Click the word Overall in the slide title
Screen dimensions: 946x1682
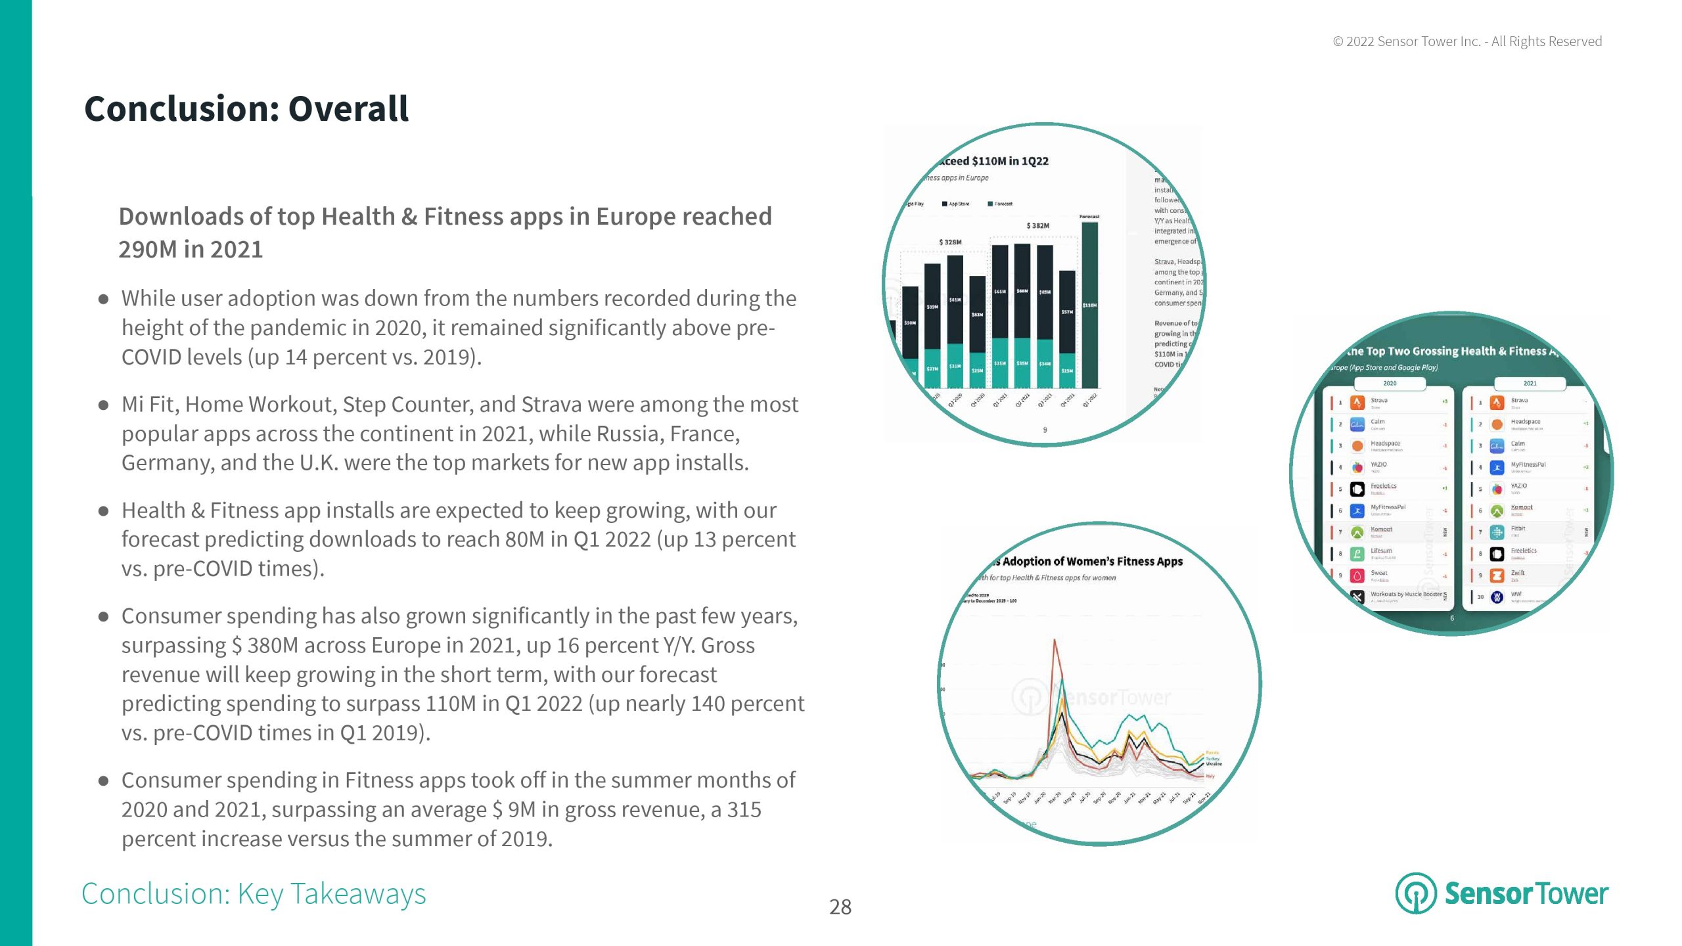click(348, 109)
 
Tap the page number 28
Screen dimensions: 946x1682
click(840, 907)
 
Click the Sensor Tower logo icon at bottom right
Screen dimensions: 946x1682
click(1415, 893)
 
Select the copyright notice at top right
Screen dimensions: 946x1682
click(1467, 41)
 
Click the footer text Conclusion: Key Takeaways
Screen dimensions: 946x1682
click(254, 894)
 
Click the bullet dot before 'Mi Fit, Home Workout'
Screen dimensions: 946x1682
click(103, 405)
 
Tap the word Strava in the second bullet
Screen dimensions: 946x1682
click(549, 405)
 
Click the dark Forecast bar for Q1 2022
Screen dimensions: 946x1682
click(1089, 305)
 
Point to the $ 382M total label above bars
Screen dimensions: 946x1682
click(1037, 226)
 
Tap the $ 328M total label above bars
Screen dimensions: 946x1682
click(950, 242)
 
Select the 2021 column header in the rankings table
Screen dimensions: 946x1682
click(1530, 383)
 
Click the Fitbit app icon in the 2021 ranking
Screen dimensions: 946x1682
click(1497, 532)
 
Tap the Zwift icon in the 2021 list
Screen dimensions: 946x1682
click(1497, 575)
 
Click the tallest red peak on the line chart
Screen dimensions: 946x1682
click(1055, 641)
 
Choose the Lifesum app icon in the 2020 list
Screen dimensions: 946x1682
click(1357, 554)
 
